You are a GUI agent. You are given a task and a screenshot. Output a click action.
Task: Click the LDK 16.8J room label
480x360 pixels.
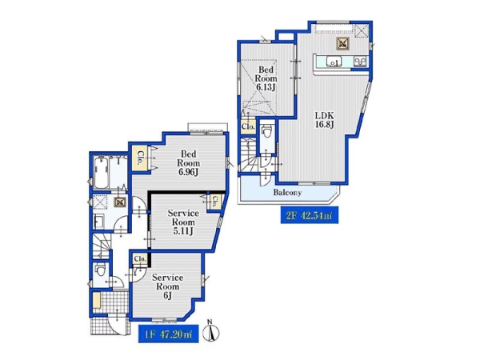pyautogui.click(x=325, y=120)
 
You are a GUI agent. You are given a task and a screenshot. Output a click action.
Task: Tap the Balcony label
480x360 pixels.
pyautogui.click(x=287, y=193)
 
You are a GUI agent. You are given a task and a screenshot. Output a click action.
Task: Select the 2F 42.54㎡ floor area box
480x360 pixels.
pyautogui.click(x=309, y=215)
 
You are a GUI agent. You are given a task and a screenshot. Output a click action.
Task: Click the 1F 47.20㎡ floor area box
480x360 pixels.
pyautogui.click(x=168, y=334)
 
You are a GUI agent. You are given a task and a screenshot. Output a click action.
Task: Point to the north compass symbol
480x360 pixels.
pyautogui.click(x=211, y=330)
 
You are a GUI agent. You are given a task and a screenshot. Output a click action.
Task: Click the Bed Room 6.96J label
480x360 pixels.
pyautogui.click(x=188, y=163)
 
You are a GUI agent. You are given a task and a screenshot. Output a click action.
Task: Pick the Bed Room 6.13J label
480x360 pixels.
pyautogui.click(x=266, y=78)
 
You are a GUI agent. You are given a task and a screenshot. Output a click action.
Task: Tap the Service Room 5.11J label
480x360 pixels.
pyautogui.click(x=183, y=222)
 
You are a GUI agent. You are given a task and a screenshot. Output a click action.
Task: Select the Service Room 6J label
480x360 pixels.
pyautogui.click(x=167, y=286)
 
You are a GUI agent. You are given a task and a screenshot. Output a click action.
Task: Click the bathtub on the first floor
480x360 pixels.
pyautogui.click(x=101, y=172)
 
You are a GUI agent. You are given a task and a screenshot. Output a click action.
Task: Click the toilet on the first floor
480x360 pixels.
pyautogui.click(x=100, y=270)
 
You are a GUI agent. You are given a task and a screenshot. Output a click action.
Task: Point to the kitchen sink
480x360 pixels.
pyautogui.click(x=334, y=62)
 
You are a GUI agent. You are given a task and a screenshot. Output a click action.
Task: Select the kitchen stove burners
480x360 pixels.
pyautogui.click(x=360, y=62)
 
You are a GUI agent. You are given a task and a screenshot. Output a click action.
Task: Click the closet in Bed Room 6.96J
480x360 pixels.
pyautogui.click(x=140, y=158)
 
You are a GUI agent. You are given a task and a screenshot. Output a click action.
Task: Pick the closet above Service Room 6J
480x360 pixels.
pyautogui.click(x=139, y=259)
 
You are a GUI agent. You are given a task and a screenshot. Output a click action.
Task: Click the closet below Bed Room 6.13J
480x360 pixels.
pyautogui.click(x=248, y=126)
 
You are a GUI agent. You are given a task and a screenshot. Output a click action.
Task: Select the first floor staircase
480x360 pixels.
pyautogui.click(x=101, y=246)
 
